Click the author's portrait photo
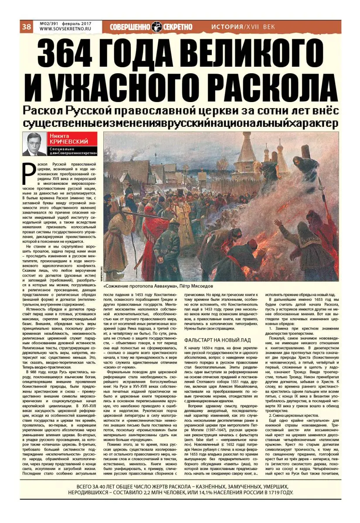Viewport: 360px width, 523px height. (x=34, y=144)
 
